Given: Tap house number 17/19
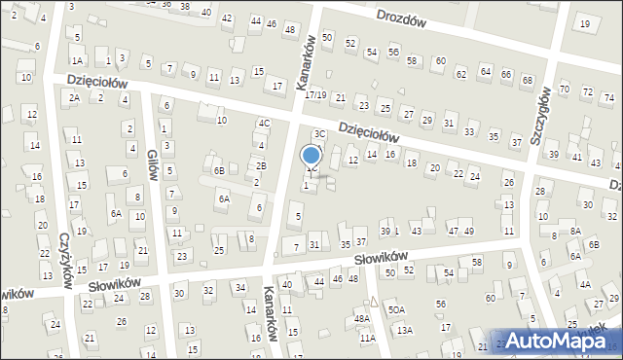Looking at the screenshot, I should [314, 94].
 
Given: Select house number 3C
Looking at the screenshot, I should [318, 134].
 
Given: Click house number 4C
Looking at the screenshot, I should [264, 124].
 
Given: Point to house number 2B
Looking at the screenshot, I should [261, 165].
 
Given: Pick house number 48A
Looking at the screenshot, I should [361, 318].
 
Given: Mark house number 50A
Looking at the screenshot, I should [396, 309].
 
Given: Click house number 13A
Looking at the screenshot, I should [404, 331].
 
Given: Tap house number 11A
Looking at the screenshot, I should [367, 338].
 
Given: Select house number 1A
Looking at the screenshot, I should [76, 60].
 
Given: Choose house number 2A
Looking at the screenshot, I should [73, 97].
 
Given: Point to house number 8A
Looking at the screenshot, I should [574, 231].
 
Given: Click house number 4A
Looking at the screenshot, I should [585, 284].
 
